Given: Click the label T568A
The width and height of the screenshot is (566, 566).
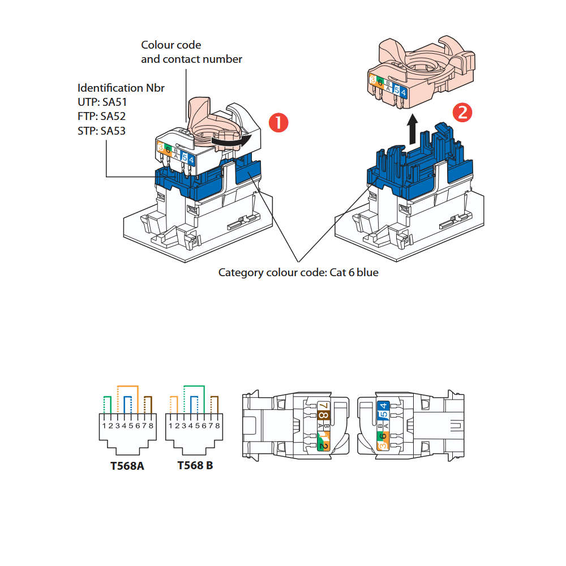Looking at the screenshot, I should point(127,466).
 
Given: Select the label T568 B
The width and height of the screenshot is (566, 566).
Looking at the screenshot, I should point(195,466).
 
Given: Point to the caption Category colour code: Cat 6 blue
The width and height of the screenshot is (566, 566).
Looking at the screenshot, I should point(298,272).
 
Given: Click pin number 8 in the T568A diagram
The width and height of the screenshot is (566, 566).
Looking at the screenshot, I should point(151,426).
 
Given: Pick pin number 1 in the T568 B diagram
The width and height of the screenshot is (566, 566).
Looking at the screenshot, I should point(171,426).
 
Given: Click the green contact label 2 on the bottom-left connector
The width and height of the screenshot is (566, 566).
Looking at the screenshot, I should point(323,445).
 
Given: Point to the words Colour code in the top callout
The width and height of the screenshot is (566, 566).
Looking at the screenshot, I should point(171,45).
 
